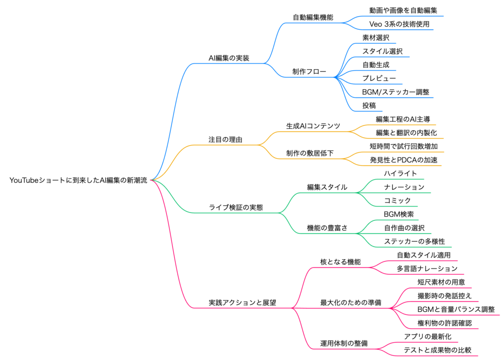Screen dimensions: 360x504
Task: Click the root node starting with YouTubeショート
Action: click(x=78, y=180)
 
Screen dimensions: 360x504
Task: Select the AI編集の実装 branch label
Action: click(x=229, y=58)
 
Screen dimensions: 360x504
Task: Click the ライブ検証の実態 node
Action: click(x=236, y=208)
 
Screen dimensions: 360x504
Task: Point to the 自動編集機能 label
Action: click(x=313, y=17)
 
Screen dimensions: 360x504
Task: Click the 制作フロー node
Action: click(x=309, y=72)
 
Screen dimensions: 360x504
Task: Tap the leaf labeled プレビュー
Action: click(x=376, y=78)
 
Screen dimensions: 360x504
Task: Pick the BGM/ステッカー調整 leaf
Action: click(x=398, y=92)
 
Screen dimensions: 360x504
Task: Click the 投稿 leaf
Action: click(x=369, y=105)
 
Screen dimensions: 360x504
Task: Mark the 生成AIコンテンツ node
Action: click(x=313, y=126)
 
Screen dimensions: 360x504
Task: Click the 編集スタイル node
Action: click(x=327, y=187)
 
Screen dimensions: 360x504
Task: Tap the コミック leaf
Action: click(x=397, y=201)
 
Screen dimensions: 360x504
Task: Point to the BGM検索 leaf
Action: click(x=399, y=214)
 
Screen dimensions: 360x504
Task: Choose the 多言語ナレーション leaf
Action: click(x=427, y=269)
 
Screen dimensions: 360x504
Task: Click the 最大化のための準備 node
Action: click(x=350, y=302)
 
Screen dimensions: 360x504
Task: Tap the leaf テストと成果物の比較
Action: click(x=438, y=350)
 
